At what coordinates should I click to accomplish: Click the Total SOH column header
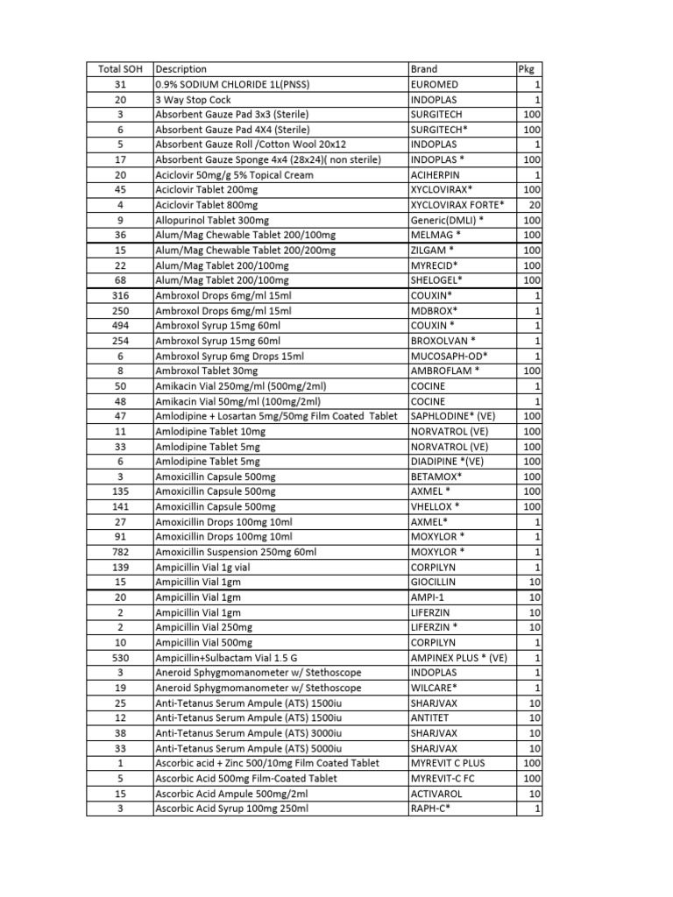[x=120, y=69]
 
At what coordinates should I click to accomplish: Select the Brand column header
[x=424, y=69]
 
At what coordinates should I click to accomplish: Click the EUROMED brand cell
[x=434, y=84]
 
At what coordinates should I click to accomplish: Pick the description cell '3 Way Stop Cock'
[x=191, y=100]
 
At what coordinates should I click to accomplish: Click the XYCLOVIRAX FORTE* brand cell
[x=457, y=204]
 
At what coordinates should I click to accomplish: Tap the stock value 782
[x=120, y=552]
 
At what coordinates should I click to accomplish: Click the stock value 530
[x=120, y=658]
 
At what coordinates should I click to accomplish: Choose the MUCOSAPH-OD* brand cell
[x=449, y=356]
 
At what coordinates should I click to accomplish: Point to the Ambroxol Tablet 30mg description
[x=207, y=371]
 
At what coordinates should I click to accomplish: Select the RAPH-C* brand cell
[x=429, y=809]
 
